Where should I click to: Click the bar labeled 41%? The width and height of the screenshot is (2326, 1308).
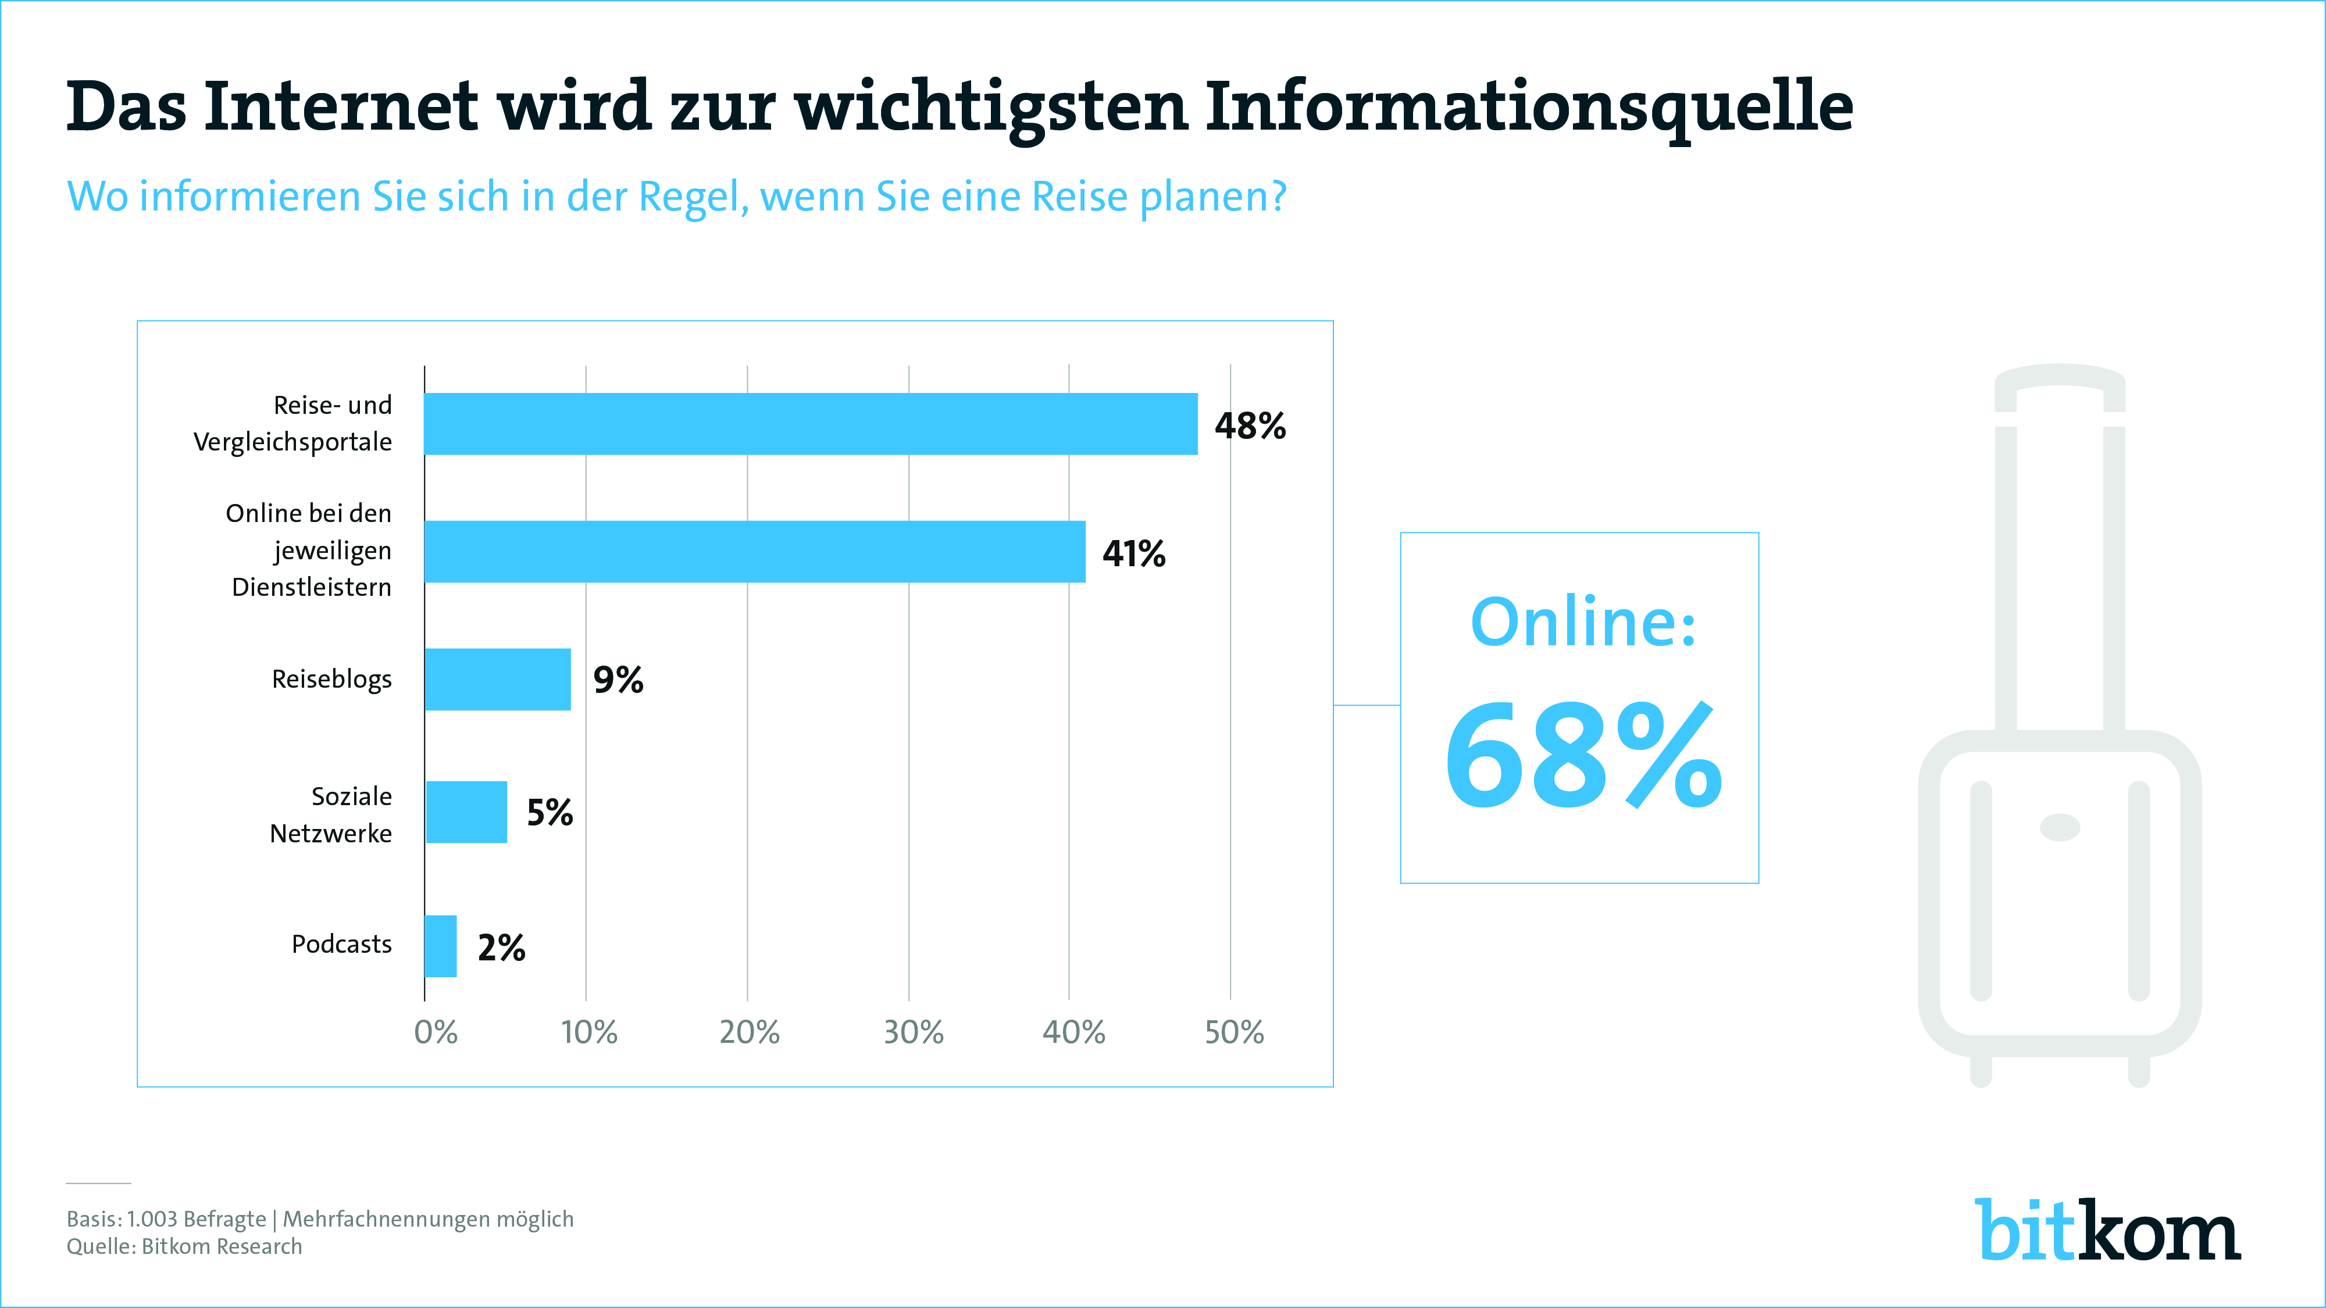point(754,552)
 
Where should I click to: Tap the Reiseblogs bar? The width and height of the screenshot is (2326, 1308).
point(498,679)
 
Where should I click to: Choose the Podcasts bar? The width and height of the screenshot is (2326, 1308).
point(441,946)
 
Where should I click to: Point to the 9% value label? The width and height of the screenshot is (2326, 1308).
point(618,680)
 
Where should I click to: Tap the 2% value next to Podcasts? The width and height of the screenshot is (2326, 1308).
point(501,948)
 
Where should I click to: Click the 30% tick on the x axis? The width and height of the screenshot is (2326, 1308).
point(913,1032)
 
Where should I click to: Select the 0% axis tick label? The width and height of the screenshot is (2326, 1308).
point(435,1032)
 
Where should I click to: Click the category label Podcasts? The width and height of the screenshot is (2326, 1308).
point(341,944)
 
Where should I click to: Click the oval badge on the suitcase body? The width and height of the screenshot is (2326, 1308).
point(2060,827)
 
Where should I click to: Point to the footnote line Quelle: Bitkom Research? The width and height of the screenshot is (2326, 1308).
point(184,1246)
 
